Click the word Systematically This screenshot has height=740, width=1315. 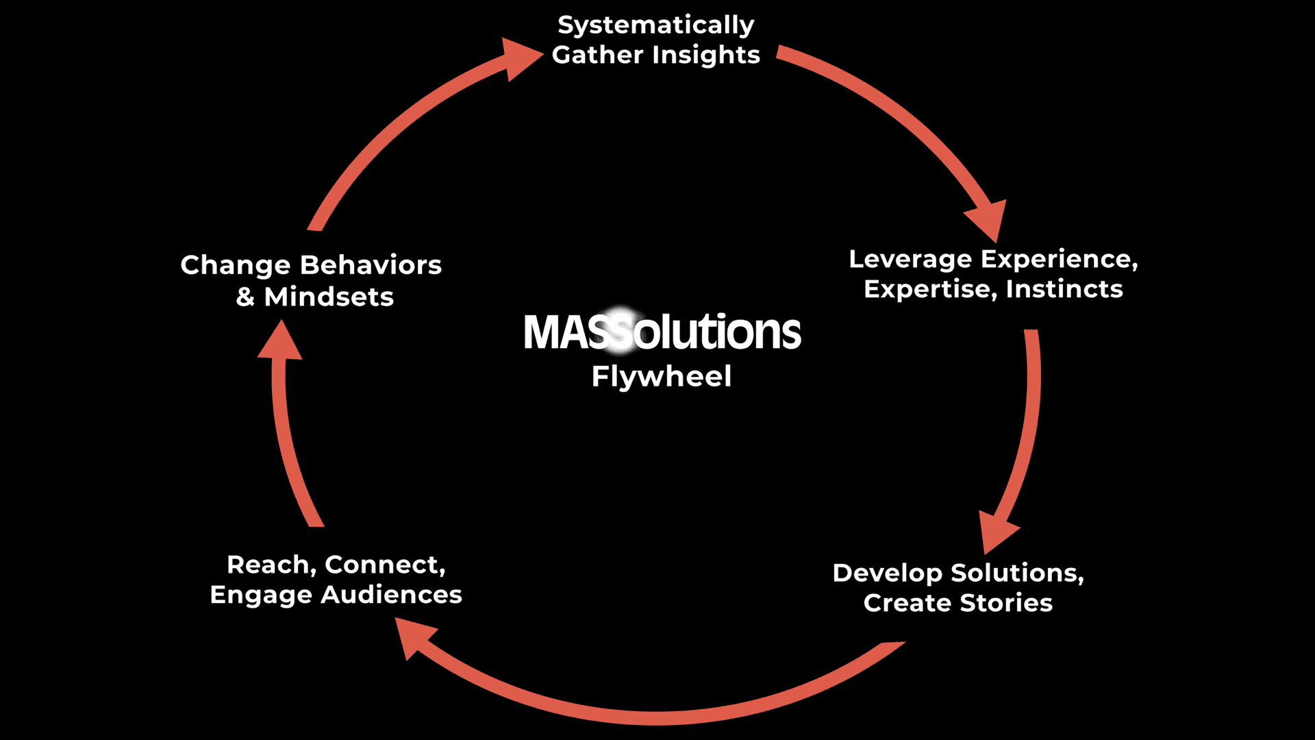coord(655,25)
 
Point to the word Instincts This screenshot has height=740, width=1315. coord(1064,289)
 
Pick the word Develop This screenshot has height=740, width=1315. coord(887,573)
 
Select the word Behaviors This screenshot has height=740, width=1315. coord(371,265)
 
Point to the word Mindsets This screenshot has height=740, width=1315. coord(329,297)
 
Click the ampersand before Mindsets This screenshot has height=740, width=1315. coord(245,297)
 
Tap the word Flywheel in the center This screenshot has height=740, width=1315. coord(661,376)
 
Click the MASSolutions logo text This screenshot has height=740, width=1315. coord(662,332)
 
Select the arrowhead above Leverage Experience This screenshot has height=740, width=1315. coord(988,218)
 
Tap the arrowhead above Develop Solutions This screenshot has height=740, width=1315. coord(996,532)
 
